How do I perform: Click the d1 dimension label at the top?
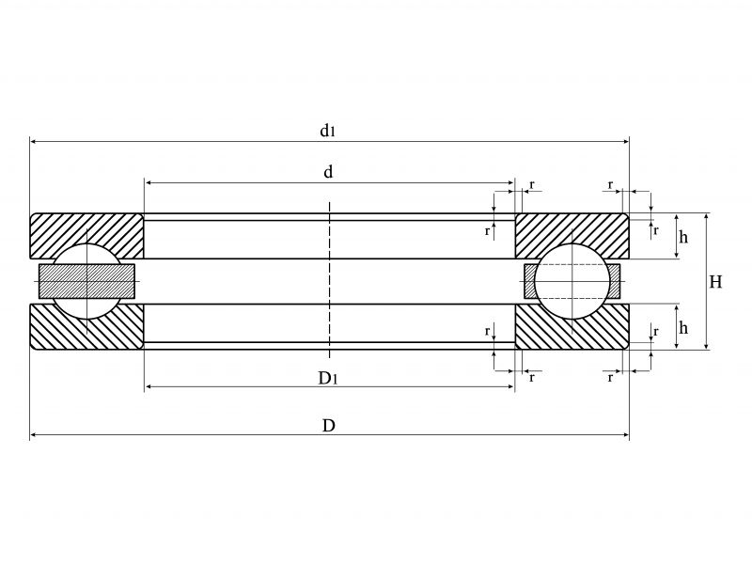(x=327, y=132)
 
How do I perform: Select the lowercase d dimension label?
(x=329, y=172)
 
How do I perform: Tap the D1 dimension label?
(x=327, y=378)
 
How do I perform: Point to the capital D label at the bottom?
(x=329, y=426)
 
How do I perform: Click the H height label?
(x=716, y=282)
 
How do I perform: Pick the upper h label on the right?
(x=683, y=238)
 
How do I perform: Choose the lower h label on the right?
(x=683, y=327)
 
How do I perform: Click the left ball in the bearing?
(x=86, y=282)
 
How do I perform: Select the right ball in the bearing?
(x=572, y=282)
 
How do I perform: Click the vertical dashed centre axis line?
(x=329, y=282)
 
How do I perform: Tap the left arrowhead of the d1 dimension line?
(x=35, y=142)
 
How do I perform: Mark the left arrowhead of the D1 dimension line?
(x=149, y=387)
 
